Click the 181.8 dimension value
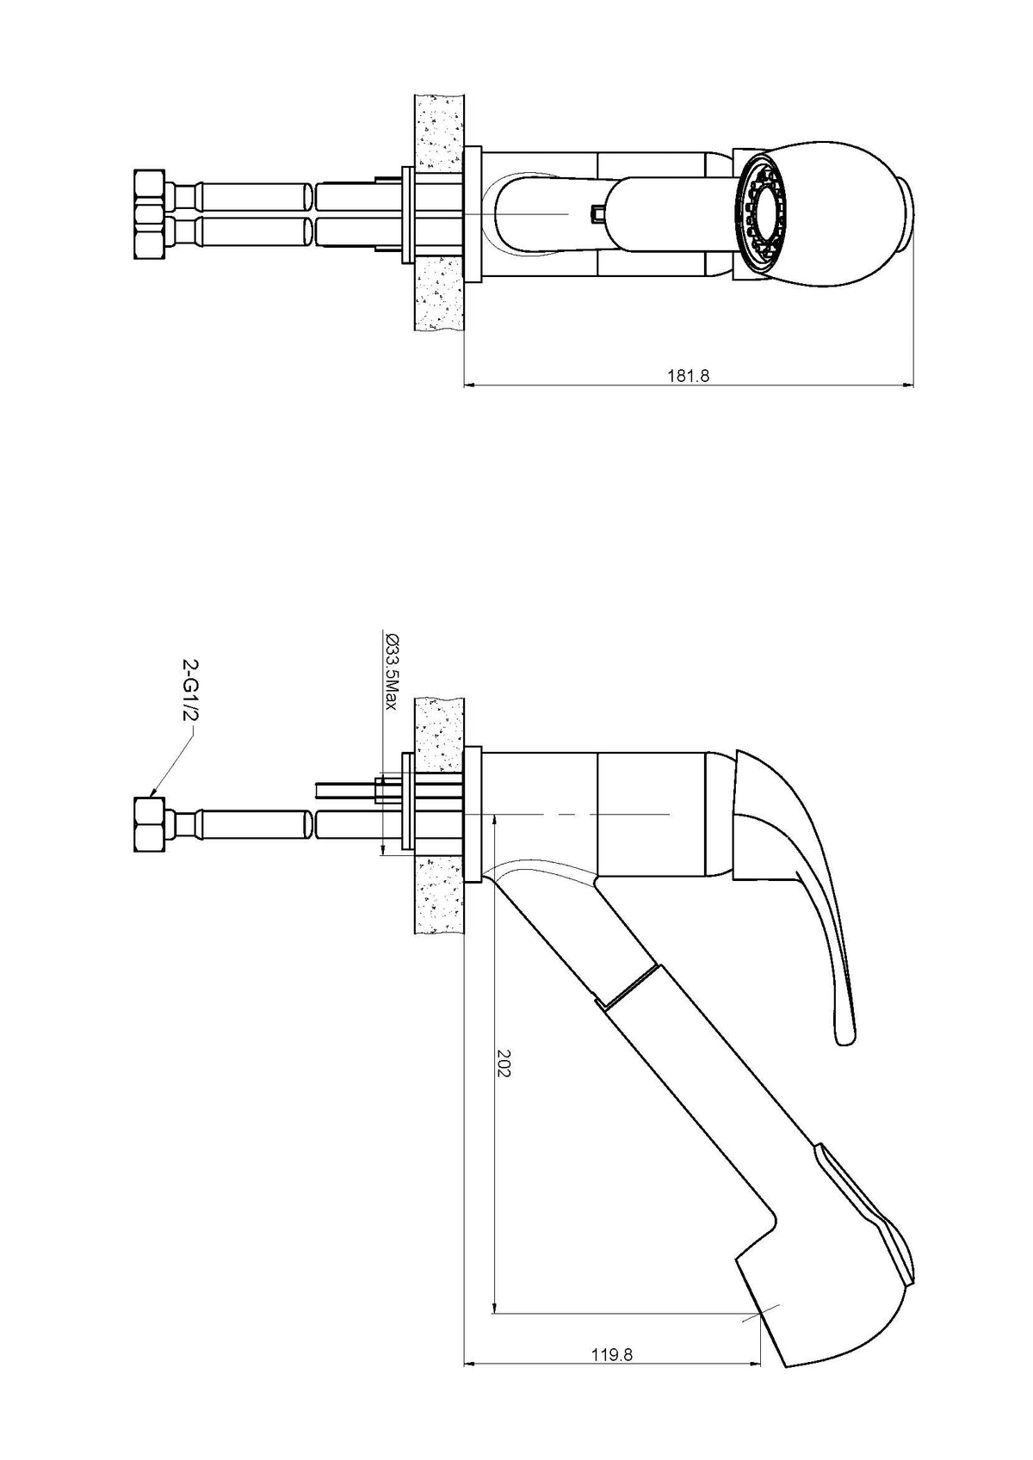687,376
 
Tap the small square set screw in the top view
596,213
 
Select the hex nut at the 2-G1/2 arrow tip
151,823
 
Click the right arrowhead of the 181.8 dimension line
907,385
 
